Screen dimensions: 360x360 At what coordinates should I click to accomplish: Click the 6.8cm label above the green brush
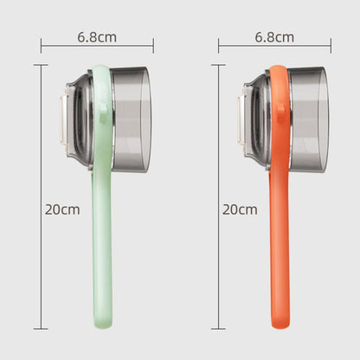[x=97, y=37]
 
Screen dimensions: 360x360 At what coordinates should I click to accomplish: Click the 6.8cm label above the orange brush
[x=274, y=37]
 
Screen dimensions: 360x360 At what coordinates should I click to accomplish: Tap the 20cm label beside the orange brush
[x=239, y=209]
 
